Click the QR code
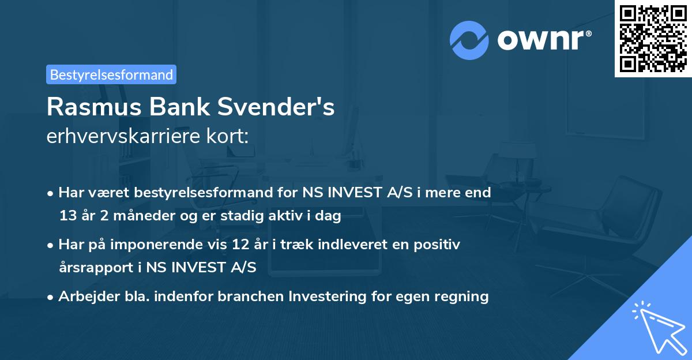[x=653, y=39]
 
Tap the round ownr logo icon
[x=469, y=40]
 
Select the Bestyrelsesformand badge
[x=111, y=74]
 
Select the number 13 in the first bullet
[x=67, y=216]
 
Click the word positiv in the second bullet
[x=439, y=245]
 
